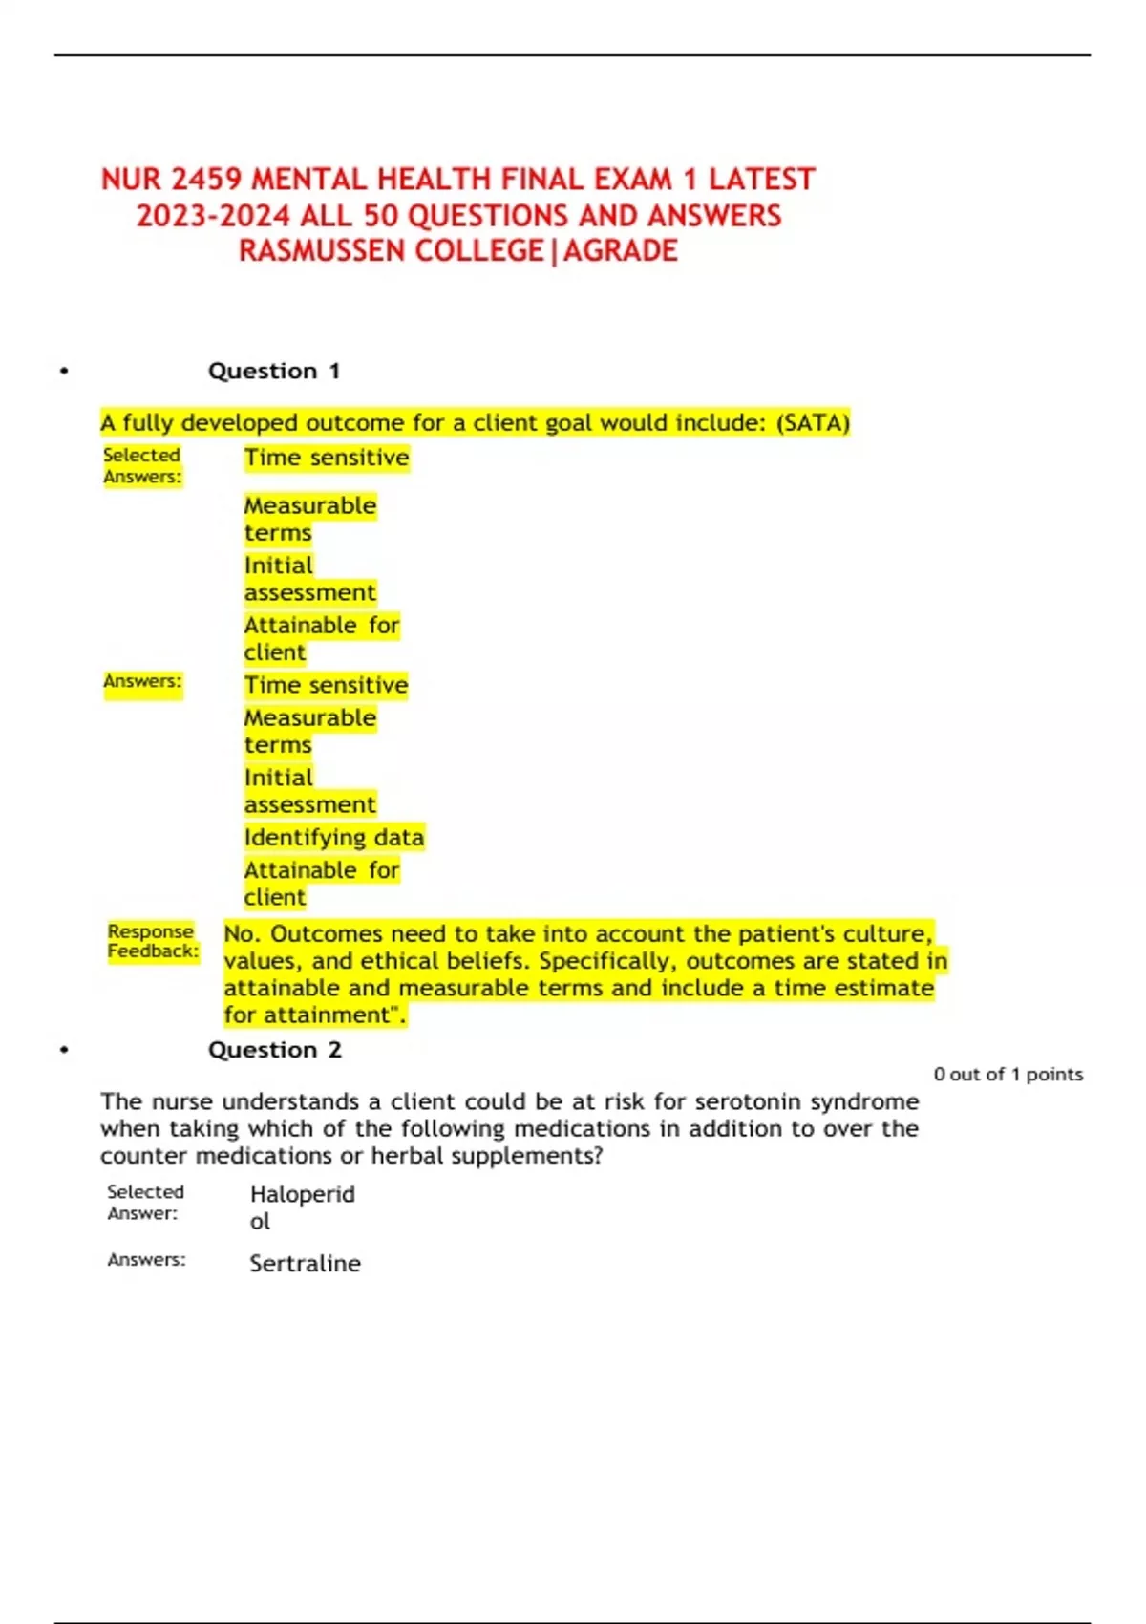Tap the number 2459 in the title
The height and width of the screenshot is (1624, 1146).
(207, 180)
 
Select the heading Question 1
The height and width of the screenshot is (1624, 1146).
(274, 371)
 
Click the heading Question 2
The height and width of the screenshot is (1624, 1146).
(274, 1050)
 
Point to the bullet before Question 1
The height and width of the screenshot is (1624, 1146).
(64, 371)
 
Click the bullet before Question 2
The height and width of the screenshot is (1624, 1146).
(64, 1050)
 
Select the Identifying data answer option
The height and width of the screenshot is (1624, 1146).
(333, 838)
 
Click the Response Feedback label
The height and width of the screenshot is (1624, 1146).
(152, 941)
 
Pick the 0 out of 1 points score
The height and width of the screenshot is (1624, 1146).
(1008, 1075)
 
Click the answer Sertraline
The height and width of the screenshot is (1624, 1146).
(305, 1264)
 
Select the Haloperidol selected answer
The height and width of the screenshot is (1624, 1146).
(301, 1207)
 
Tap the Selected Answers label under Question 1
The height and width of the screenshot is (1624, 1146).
(142, 465)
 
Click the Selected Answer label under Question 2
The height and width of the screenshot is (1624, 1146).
(144, 1203)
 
